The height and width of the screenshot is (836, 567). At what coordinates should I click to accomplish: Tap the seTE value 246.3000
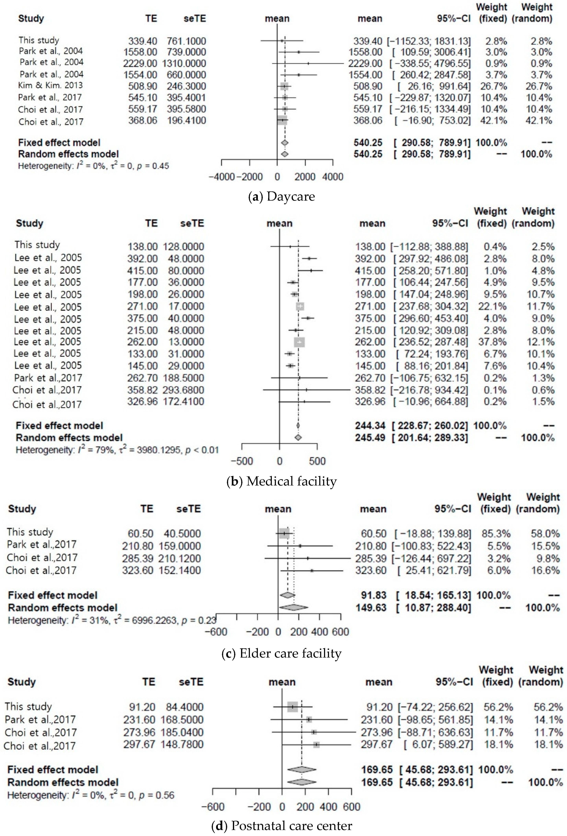coord(186,86)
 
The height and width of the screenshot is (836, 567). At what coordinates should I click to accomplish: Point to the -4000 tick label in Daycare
coord(222,177)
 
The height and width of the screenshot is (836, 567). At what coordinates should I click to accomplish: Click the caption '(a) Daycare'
coord(282,196)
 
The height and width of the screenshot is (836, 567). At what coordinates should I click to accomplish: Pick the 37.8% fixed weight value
coord(492,342)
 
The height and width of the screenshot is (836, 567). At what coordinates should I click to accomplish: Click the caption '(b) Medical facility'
coord(282,481)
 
